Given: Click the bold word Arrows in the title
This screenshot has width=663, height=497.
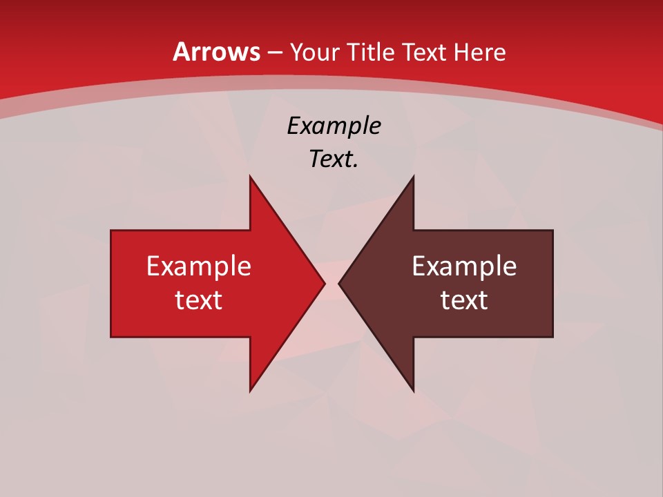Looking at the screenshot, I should (217, 52).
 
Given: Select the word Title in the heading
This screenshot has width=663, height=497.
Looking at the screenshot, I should (369, 52).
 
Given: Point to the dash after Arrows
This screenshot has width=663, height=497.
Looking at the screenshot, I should (274, 53).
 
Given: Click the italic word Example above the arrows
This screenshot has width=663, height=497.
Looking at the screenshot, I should (334, 126).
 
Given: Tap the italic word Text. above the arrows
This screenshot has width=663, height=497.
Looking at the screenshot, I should (334, 159).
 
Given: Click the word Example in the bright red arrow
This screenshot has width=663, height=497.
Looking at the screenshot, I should (199, 266).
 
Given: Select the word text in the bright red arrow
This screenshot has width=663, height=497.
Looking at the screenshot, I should (199, 300).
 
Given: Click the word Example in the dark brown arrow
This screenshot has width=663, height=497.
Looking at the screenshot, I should (464, 266).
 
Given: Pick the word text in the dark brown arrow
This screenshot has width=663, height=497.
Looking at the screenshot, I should (464, 300).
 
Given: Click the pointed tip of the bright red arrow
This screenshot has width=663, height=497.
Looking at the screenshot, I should (324, 283).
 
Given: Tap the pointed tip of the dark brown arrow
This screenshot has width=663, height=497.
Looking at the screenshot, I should (339, 283).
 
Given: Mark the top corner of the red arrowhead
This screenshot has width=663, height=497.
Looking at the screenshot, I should (250, 177).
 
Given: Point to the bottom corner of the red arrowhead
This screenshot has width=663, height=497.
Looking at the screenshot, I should (250, 391).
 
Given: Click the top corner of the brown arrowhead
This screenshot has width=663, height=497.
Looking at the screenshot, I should (413, 177).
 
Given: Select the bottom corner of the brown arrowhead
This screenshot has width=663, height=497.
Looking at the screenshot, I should (413, 391).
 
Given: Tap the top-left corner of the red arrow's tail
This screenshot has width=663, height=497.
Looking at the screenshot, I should (111, 231).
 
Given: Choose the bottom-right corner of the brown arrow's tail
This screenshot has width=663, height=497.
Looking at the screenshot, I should (552, 337).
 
